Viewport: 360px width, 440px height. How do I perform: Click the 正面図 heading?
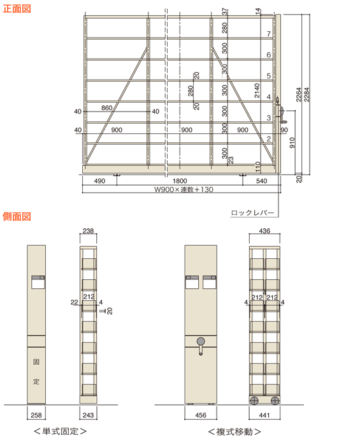[x=17, y=9]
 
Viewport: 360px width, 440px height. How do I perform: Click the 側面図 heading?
[x=17, y=216]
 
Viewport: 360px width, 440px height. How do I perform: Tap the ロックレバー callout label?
[x=252, y=213]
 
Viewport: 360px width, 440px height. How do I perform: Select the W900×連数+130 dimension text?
[x=184, y=189]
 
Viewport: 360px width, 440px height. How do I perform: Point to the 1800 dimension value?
[x=180, y=181]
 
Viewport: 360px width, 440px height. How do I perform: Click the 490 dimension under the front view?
[x=99, y=181]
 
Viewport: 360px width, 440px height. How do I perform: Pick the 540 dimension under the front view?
[x=261, y=181]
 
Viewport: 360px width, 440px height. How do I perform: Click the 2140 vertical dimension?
[x=257, y=91]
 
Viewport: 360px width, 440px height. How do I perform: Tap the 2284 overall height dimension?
[x=306, y=94]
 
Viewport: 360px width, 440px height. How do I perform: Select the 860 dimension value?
[x=106, y=108]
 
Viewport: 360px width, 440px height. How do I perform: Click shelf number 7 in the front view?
[x=269, y=34]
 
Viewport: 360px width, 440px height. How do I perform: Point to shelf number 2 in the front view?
[x=269, y=138]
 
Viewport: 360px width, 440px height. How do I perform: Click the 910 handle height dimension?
[x=292, y=143]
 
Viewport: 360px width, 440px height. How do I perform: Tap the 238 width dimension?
[x=88, y=231]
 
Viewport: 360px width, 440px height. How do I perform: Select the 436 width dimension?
[x=264, y=231]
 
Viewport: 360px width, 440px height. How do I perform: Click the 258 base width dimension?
[x=36, y=415]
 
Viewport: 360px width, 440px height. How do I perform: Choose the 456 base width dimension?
[x=201, y=415]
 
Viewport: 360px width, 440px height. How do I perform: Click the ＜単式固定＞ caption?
[x=60, y=431]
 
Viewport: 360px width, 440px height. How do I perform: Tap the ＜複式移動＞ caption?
[x=234, y=431]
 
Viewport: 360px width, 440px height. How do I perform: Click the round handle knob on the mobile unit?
[x=201, y=341]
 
